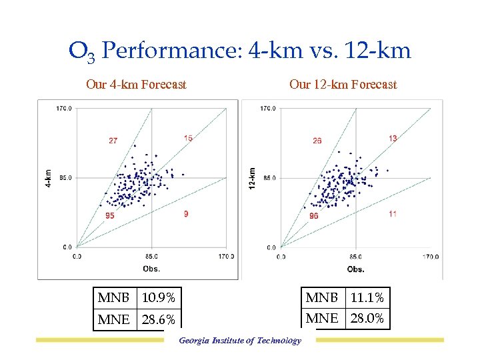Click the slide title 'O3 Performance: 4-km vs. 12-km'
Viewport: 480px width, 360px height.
pyautogui.click(x=240, y=50)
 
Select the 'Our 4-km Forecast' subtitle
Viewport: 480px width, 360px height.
pyautogui.click(x=136, y=85)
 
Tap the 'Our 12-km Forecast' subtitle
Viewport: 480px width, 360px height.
pyautogui.click(x=343, y=85)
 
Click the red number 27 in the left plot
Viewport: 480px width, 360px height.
pyautogui.click(x=113, y=141)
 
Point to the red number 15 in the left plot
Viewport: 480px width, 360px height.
pyautogui.click(x=189, y=138)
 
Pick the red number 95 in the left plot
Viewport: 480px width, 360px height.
pyautogui.click(x=109, y=215)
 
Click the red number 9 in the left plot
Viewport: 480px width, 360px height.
pyautogui.click(x=186, y=213)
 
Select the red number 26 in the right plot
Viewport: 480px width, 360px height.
pyautogui.click(x=317, y=141)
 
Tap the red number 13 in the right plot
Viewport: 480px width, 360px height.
pyautogui.click(x=393, y=138)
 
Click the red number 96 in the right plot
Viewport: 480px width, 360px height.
pyautogui.click(x=313, y=216)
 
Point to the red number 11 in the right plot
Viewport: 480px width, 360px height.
pyautogui.click(x=392, y=213)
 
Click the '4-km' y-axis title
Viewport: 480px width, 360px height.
pyautogui.click(x=49, y=177)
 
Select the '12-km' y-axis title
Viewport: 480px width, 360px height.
pyautogui.click(x=252, y=177)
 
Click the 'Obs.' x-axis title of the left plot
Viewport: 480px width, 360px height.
pyautogui.click(x=151, y=268)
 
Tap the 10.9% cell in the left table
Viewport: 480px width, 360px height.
pyautogui.click(x=159, y=298)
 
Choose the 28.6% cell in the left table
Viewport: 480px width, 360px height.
pyautogui.click(x=159, y=320)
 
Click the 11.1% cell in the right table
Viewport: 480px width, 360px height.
pyautogui.click(x=367, y=297)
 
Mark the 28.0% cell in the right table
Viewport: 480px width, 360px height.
pyautogui.click(x=367, y=319)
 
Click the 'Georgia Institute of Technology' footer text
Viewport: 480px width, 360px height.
pyautogui.click(x=240, y=341)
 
